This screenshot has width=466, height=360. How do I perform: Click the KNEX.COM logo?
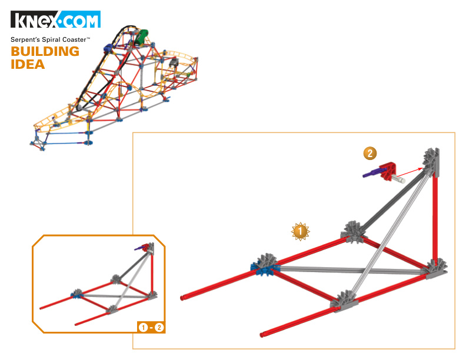click(x=55, y=19)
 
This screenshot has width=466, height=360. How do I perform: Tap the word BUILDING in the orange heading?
click(x=45, y=51)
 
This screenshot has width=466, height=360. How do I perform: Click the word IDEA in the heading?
click(x=28, y=65)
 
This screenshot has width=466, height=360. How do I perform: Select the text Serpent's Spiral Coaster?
click(x=49, y=39)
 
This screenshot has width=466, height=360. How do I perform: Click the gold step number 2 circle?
click(x=370, y=154)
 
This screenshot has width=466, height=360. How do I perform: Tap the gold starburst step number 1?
click(x=300, y=231)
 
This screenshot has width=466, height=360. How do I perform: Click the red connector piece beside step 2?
click(x=388, y=172)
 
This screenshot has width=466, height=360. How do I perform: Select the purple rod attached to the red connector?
click(x=372, y=172)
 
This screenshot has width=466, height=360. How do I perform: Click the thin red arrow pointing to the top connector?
click(x=410, y=172)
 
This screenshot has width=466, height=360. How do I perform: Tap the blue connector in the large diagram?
click(x=264, y=269)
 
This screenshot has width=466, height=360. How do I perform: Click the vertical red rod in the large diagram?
click(x=435, y=220)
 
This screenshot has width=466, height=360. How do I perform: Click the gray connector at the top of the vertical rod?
click(x=431, y=162)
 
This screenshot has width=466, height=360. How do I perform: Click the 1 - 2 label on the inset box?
click(x=151, y=327)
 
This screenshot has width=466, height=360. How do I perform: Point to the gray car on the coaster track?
click(x=174, y=63)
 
